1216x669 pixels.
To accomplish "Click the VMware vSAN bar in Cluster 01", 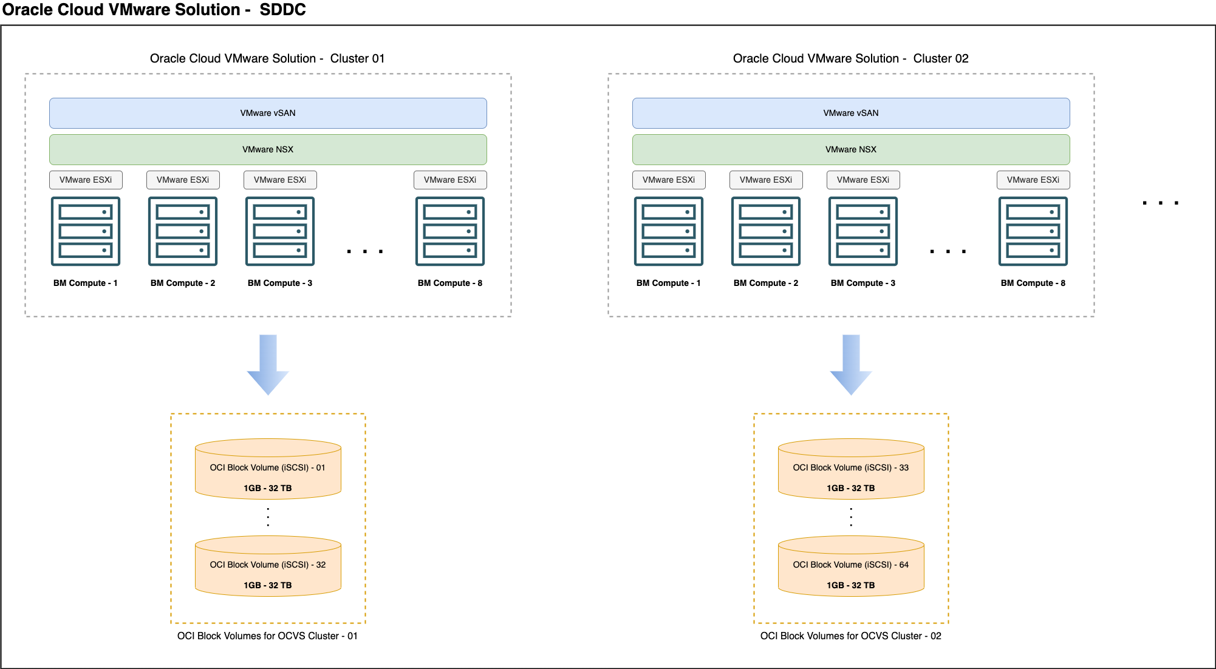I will click(268, 113).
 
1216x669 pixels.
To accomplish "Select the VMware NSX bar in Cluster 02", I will click(851, 149).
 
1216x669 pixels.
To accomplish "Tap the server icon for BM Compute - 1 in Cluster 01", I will click(86, 231).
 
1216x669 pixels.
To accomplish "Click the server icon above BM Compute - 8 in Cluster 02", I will click(1033, 231).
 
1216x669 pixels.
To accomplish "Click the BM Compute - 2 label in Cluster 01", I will click(183, 283).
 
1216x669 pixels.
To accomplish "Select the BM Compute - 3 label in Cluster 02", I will click(863, 283).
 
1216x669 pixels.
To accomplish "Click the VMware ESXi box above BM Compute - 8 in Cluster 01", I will click(450, 180).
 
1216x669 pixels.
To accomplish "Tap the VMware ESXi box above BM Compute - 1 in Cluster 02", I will click(669, 180).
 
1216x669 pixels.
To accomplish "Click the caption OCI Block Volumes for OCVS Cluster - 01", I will click(267, 636).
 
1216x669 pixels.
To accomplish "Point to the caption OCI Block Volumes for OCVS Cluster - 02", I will click(850, 636).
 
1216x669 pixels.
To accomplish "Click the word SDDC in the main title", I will click(282, 10).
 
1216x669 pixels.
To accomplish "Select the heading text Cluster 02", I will click(940, 58).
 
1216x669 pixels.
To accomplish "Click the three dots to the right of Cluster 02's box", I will click(1160, 203).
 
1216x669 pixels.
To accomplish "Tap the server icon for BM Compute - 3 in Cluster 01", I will click(280, 231).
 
